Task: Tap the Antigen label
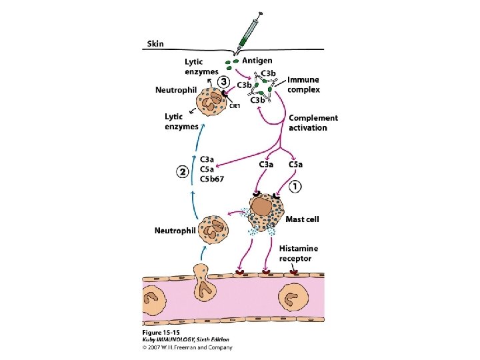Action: tap(257, 61)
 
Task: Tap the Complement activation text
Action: tap(313, 123)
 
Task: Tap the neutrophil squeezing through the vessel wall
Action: tap(203, 281)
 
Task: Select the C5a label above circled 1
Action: tap(297, 164)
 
